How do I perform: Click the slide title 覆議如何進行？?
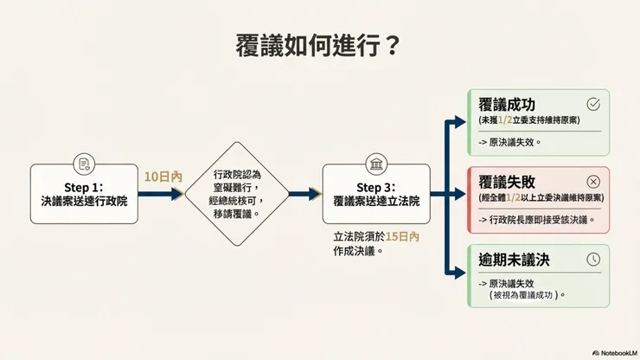[319, 45]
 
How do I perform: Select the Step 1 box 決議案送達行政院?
[84, 194]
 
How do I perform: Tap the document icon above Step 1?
[84, 165]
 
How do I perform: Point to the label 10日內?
[163, 176]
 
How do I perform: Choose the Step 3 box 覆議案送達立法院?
[375, 194]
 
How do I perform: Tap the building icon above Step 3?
[375, 165]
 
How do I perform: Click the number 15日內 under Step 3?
[403, 235]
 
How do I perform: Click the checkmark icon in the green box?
[593, 104]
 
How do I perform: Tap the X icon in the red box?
[593, 181]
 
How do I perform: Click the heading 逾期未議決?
[515, 259]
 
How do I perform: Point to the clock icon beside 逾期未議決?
[593, 259]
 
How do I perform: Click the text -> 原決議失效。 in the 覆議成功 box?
[509, 142]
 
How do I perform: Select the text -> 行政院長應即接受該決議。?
[537, 219]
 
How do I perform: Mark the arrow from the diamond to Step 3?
[304, 195]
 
